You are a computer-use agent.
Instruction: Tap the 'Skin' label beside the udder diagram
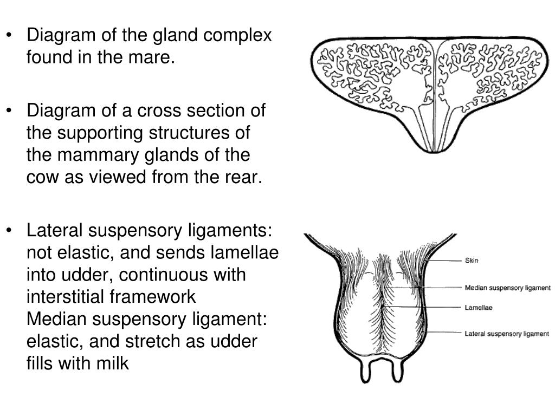472,261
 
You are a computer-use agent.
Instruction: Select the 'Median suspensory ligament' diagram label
507,288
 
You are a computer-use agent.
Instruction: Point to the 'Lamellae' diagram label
478,308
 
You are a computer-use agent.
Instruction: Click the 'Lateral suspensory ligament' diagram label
507,334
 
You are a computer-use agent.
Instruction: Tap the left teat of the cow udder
365,370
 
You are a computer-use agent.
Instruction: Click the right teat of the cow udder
397,370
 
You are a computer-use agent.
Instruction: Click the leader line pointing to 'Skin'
443,261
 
